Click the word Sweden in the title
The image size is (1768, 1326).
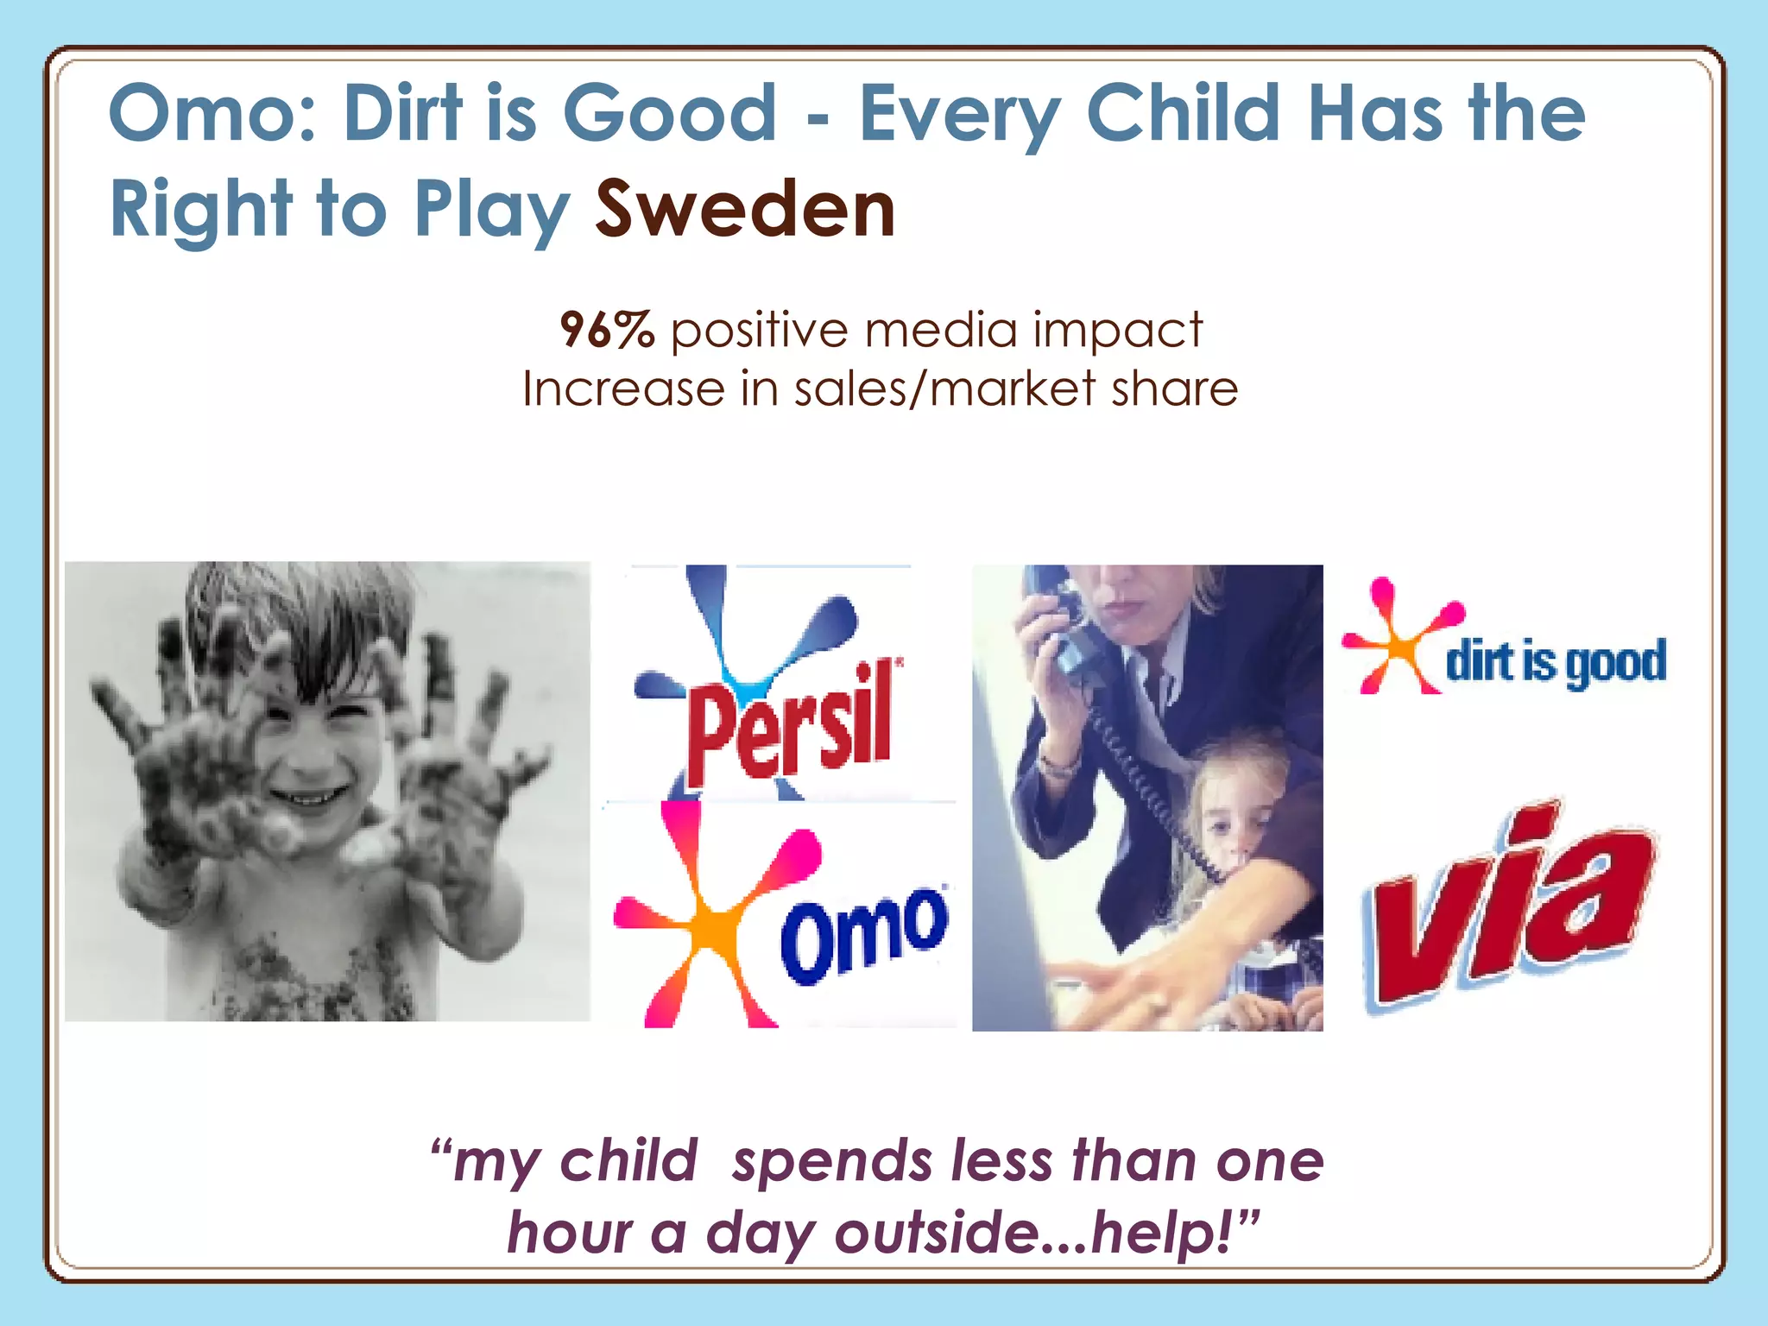point(745,210)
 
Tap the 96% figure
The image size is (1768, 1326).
point(607,330)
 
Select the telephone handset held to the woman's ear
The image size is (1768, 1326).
point(1058,630)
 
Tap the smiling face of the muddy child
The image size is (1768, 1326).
point(311,760)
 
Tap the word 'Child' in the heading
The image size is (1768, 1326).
point(1183,114)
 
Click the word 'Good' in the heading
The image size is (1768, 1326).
point(671,114)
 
